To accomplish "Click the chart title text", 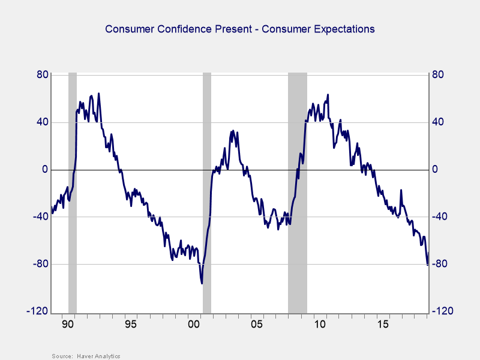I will (x=240, y=29).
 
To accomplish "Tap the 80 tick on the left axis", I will (x=42, y=75).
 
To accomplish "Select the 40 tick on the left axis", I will (x=42, y=122).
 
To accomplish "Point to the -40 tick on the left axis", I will (x=40, y=217).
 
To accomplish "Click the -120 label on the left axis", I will (x=38, y=311).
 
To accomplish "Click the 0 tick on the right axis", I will (x=435, y=170).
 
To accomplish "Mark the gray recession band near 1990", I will (x=73, y=192).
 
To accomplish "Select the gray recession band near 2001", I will (x=207, y=192).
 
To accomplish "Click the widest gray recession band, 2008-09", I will (x=298, y=192).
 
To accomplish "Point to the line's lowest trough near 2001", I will (x=202, y=283).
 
